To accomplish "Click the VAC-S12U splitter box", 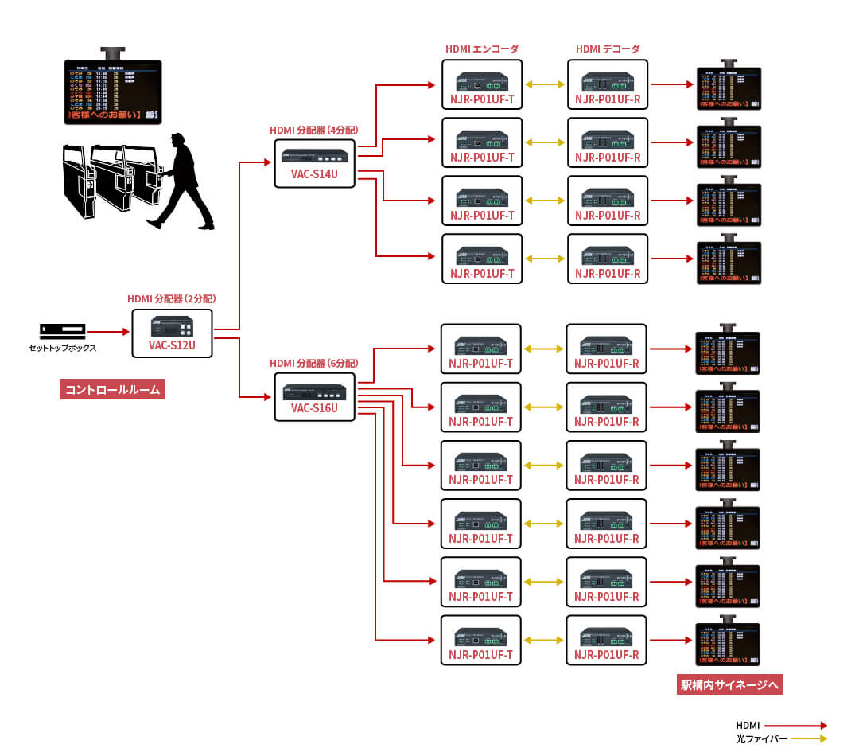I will point(172,333).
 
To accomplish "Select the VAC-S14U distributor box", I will point(314,163).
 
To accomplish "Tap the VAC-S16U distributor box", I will point(314,396).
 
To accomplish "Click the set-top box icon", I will point(62,329).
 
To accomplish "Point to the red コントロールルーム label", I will point(112,389).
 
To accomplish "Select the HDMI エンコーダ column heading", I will point(482,49).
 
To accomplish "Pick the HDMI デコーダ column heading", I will point(608,49).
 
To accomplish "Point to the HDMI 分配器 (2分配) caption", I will point(172,298).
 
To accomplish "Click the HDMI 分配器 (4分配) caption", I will point(314,129).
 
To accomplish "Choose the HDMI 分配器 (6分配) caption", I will point(314,362).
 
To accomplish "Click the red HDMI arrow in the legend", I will point(795,725).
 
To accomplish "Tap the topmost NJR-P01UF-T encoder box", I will point(482,84).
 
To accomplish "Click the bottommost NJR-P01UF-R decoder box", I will point(607,640).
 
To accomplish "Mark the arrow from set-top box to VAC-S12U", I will point(108,331).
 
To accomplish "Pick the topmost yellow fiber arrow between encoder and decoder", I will point(545,84).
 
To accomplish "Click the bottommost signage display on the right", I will point(728,643).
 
